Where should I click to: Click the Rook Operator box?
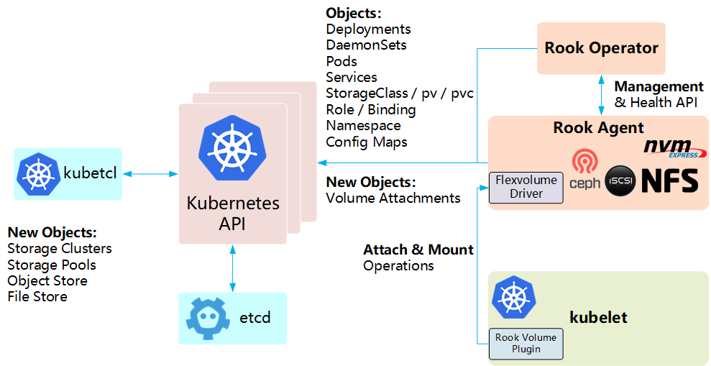(x=601, y=48)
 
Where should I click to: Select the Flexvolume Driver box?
(x=526, y=187)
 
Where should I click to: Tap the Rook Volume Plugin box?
(x=526, y=344)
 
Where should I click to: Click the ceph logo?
(x=584, y=170)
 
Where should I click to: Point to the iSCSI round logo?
(x=620, y=180)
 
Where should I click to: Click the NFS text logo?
(x=669, y=180)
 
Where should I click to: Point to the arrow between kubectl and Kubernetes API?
(x=150, y=173)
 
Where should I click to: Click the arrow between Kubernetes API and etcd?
(x=232, y=269)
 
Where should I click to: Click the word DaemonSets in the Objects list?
(x=366, y=45)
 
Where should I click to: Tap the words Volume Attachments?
(x=393, y=198)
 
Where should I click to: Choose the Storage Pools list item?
(x=52, y=265)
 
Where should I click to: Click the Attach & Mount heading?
(x=418, y=250)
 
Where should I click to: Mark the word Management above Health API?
(x=658, y=87)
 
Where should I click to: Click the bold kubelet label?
(x=598, y=317)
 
